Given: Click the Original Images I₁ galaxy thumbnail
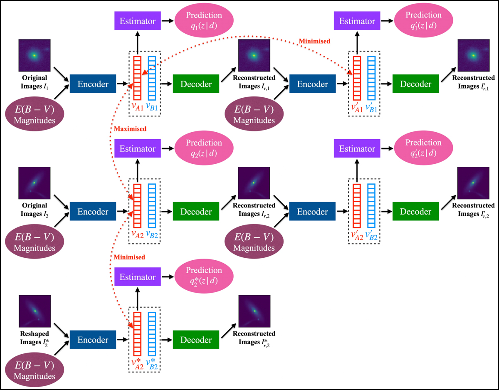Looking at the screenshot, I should coord(35,56).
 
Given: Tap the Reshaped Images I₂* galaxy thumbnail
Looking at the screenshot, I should coord(35,311).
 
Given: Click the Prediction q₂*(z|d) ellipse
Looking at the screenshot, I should coord(204,276).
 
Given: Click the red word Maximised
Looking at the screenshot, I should coord(130,129).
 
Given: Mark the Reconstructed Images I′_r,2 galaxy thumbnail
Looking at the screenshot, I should coord(474,183).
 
